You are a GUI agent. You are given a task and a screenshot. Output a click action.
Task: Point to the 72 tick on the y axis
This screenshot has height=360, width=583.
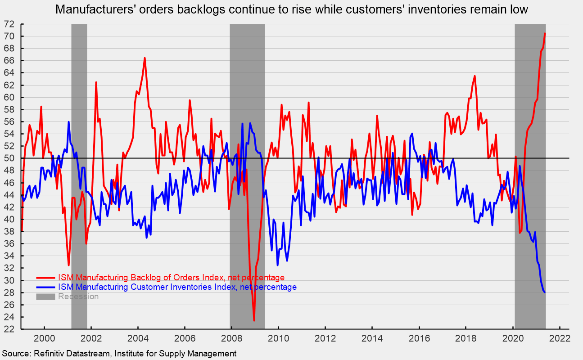(10, 24)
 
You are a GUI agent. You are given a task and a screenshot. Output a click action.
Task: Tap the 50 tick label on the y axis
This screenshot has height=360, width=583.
(10, 158)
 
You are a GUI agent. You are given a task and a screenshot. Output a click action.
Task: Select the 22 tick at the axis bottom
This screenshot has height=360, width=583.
(10, 329)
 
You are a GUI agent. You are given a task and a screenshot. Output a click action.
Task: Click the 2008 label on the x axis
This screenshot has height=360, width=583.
(231, 338)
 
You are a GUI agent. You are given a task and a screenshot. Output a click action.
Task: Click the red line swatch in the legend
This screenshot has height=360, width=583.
(45, 277)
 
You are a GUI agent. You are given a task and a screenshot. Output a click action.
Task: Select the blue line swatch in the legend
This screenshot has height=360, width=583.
(45, 287)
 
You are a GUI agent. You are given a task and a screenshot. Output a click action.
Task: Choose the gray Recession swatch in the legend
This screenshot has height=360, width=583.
(45, 297)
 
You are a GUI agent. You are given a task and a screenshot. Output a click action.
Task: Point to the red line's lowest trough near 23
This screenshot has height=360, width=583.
(254, 320)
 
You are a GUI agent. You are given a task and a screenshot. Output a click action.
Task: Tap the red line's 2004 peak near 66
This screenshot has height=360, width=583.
(145, 58)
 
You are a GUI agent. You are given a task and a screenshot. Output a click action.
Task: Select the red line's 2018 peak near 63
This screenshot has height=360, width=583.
(475, 76)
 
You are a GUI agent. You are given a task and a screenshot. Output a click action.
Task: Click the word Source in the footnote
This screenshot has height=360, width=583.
(14, 353)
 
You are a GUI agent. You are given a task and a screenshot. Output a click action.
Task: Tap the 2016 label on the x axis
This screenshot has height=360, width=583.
(419, 338)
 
